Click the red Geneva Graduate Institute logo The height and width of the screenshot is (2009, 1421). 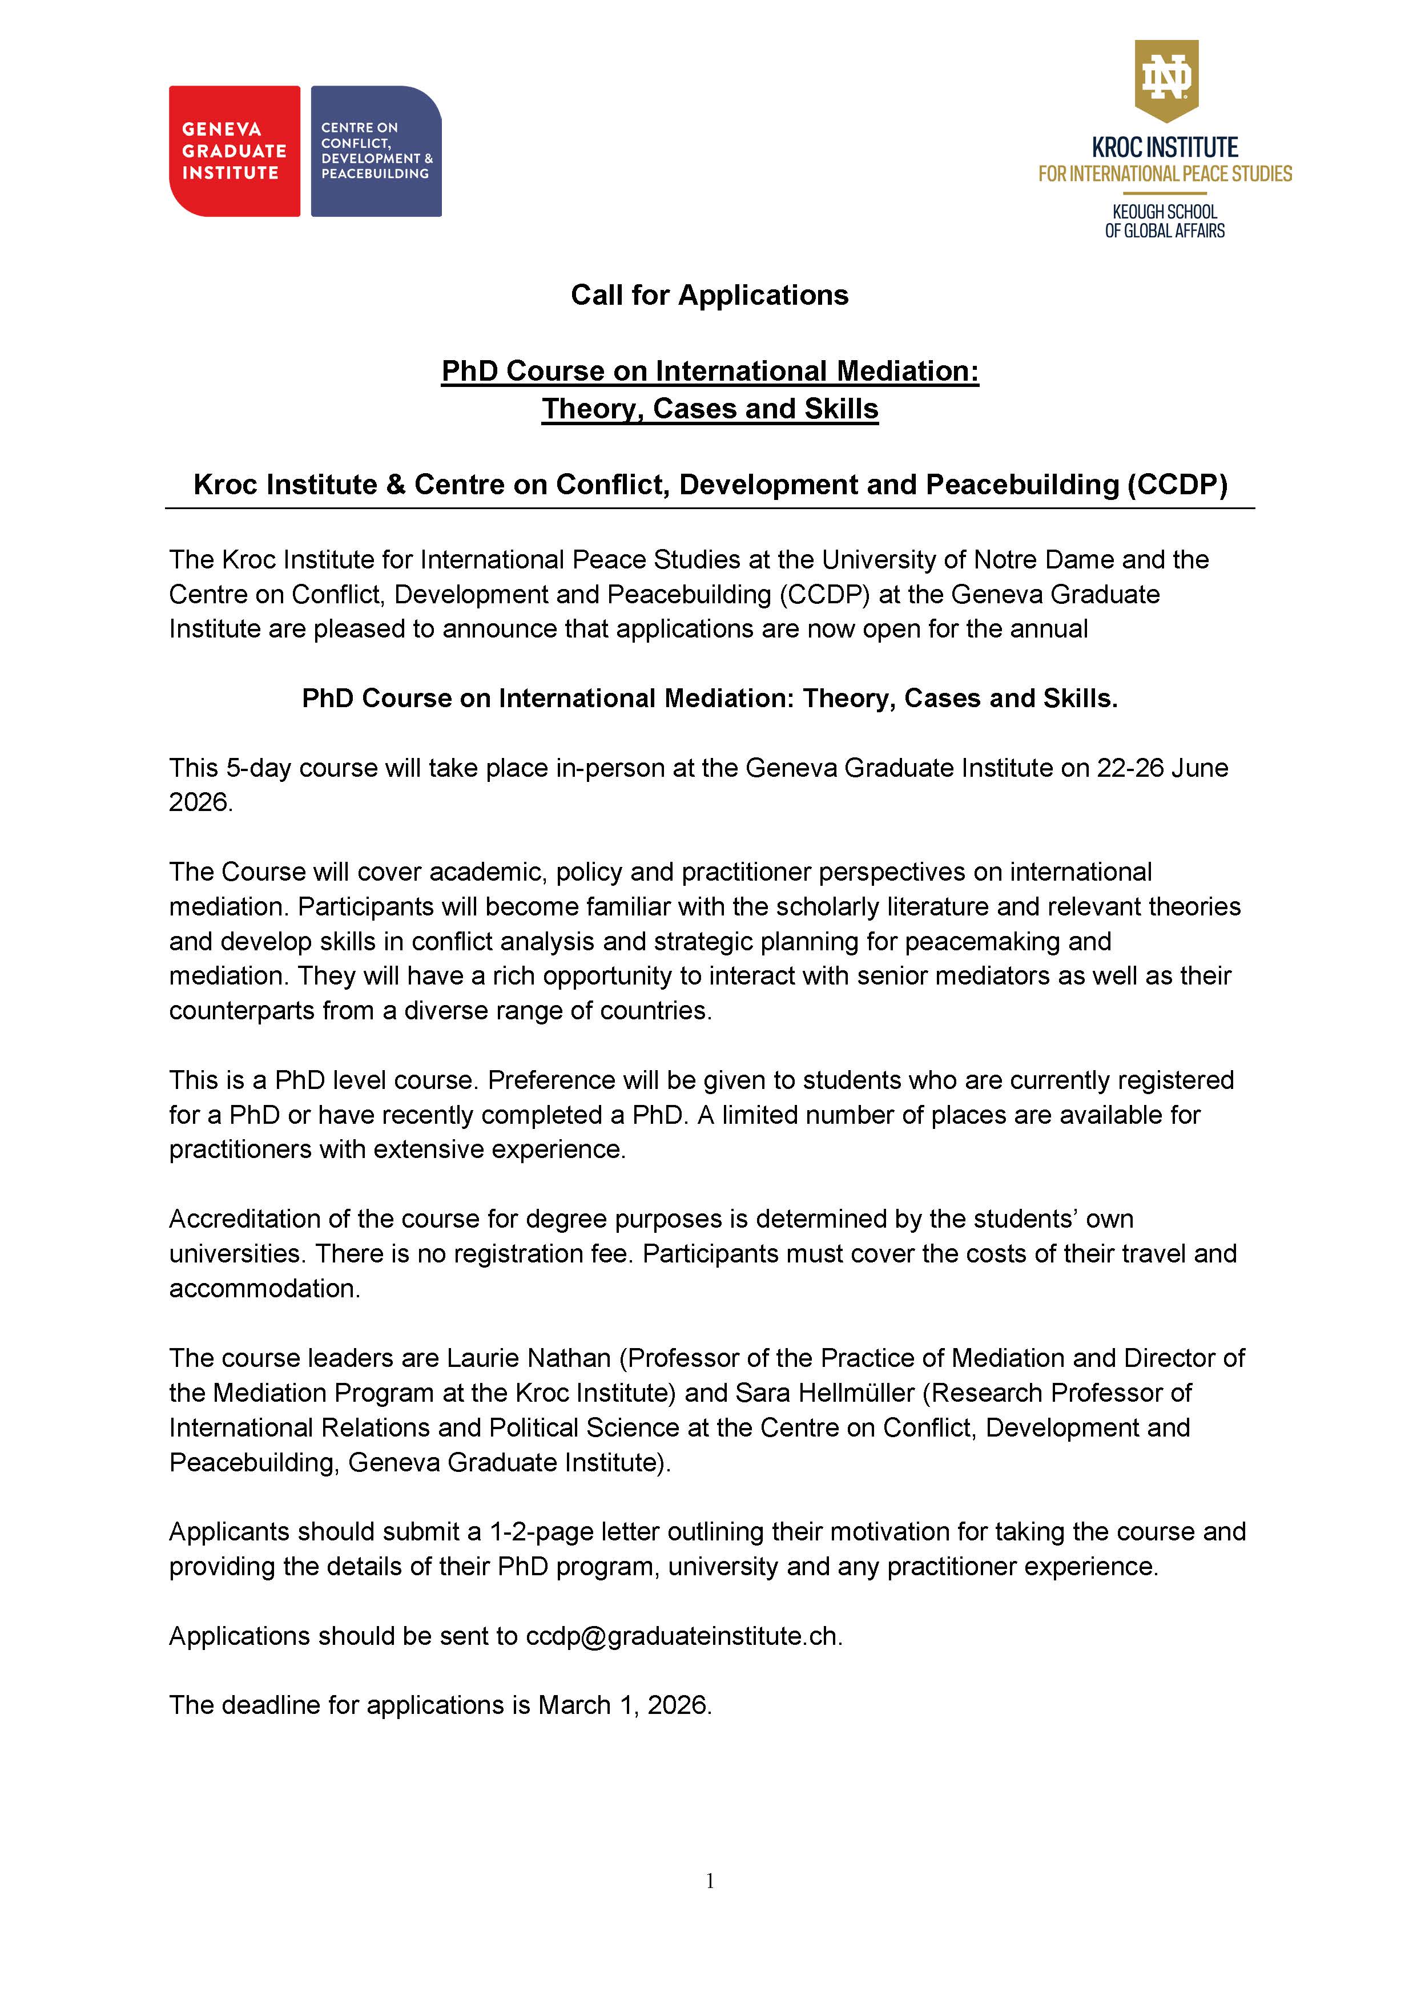coord(234,151)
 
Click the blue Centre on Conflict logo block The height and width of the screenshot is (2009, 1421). coord(376,151)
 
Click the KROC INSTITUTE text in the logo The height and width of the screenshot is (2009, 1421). coord(1165,147)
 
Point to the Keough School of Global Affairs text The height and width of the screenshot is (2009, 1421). coord(1165,221)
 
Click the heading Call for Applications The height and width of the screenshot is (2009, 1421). coord(710,295)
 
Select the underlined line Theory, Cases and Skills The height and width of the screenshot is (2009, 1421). coord(710,409)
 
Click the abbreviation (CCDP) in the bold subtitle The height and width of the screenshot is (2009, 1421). coord(1177,485)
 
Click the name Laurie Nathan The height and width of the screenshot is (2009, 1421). coord(529,1357)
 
